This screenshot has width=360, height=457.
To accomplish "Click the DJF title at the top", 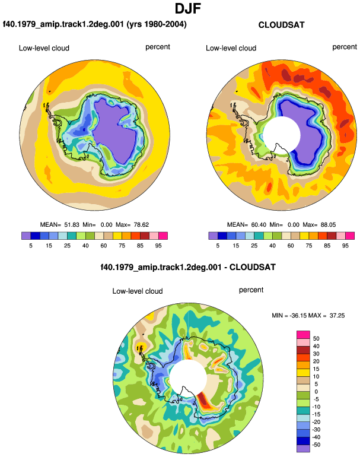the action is point(188,9).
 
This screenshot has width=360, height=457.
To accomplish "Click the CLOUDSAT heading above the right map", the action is point(281,25).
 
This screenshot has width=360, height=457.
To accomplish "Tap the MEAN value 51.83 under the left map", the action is point(72,225).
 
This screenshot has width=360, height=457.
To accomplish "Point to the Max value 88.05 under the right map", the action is point(328,225).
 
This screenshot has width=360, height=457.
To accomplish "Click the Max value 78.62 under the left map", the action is point(141,225).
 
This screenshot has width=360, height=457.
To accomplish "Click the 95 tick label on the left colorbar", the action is point(158,246).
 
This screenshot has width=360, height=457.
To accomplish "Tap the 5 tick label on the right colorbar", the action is point(218,246).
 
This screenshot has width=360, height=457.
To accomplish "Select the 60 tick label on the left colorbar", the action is point(103,246).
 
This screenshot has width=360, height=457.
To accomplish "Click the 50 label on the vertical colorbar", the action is point(316,339).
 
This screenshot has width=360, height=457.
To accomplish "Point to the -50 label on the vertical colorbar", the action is point(316,445).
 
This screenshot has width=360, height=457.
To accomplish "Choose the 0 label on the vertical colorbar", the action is point(316,392).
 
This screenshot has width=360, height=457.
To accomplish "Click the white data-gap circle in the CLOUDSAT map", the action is point(281,135).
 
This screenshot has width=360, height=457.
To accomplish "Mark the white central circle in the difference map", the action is point(188,378).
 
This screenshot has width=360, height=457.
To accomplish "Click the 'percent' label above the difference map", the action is point(251,290).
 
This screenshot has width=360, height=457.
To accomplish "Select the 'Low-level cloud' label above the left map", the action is point(44,48).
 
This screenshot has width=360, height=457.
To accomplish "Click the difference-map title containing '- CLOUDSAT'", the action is point(188,267).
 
